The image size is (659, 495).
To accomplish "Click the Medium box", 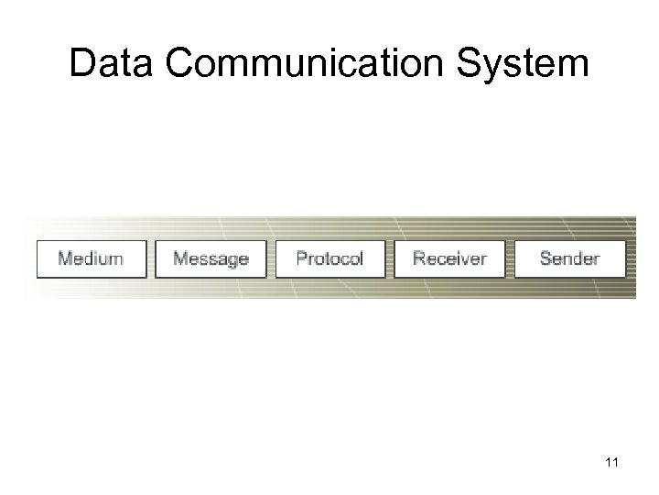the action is (91, 258).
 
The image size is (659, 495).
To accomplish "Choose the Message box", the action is (211, 258).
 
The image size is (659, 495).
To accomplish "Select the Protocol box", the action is (330, 258).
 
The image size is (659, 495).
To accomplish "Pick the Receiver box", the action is (450, 258).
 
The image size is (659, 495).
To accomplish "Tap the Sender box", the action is (570, 258).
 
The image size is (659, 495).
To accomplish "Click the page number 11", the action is (612, 462).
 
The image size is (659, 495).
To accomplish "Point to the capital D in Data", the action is (82, 63).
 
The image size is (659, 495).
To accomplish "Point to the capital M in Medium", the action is (65, 258).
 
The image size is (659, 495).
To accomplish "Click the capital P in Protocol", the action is (302, 258).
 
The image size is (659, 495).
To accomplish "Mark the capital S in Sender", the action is (546, 258).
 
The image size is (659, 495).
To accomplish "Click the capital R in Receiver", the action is (419, 258).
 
